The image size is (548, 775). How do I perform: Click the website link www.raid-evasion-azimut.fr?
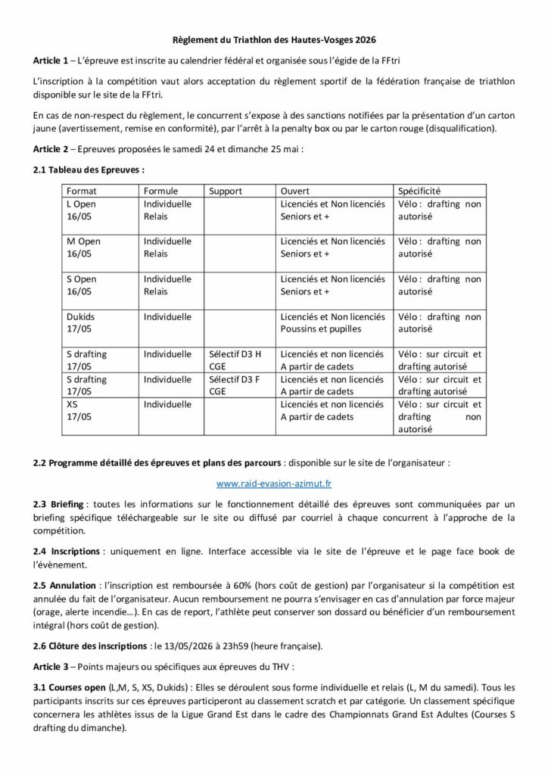(x=273, y=481)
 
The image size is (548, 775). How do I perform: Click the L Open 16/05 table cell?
(x=83, y=210)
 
